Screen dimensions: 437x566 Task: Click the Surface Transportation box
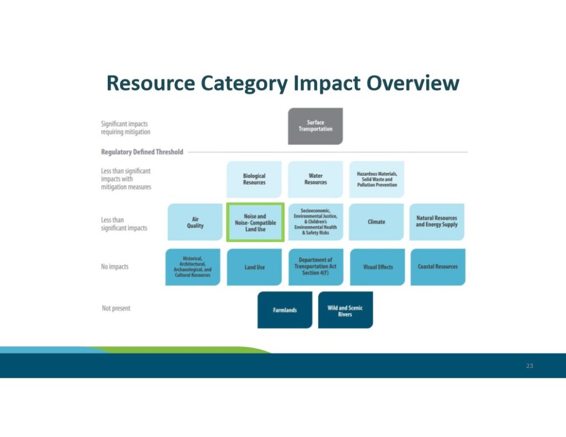click(315, 126)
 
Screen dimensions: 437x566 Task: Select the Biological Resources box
click(254, 180)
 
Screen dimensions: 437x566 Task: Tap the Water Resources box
click(316, 180)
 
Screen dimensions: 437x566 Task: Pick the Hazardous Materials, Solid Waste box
click(377, 180)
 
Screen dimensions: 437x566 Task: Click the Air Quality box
click(195, 222)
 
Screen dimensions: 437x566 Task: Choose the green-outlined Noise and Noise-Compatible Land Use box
click(255, 222)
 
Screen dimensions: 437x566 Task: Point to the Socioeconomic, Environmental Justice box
click(316, 222)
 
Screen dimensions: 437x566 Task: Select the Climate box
click(376, 222)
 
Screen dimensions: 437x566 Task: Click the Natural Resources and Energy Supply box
click(437, 222)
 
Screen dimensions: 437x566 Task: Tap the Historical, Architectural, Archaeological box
click(193, 267)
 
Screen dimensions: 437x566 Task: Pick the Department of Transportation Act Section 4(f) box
click(316, 267)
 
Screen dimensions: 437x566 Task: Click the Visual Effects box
click(378, 267)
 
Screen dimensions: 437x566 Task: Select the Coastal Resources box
click(438, 267)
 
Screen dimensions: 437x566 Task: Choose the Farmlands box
click(285, 310)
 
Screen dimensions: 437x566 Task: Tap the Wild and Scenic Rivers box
click(345, 310)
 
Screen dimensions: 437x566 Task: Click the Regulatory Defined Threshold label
click(142, 152)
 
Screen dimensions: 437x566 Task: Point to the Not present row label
click(116, 308)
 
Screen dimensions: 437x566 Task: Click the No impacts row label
click(115, 267)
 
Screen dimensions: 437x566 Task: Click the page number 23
click(530, 366)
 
